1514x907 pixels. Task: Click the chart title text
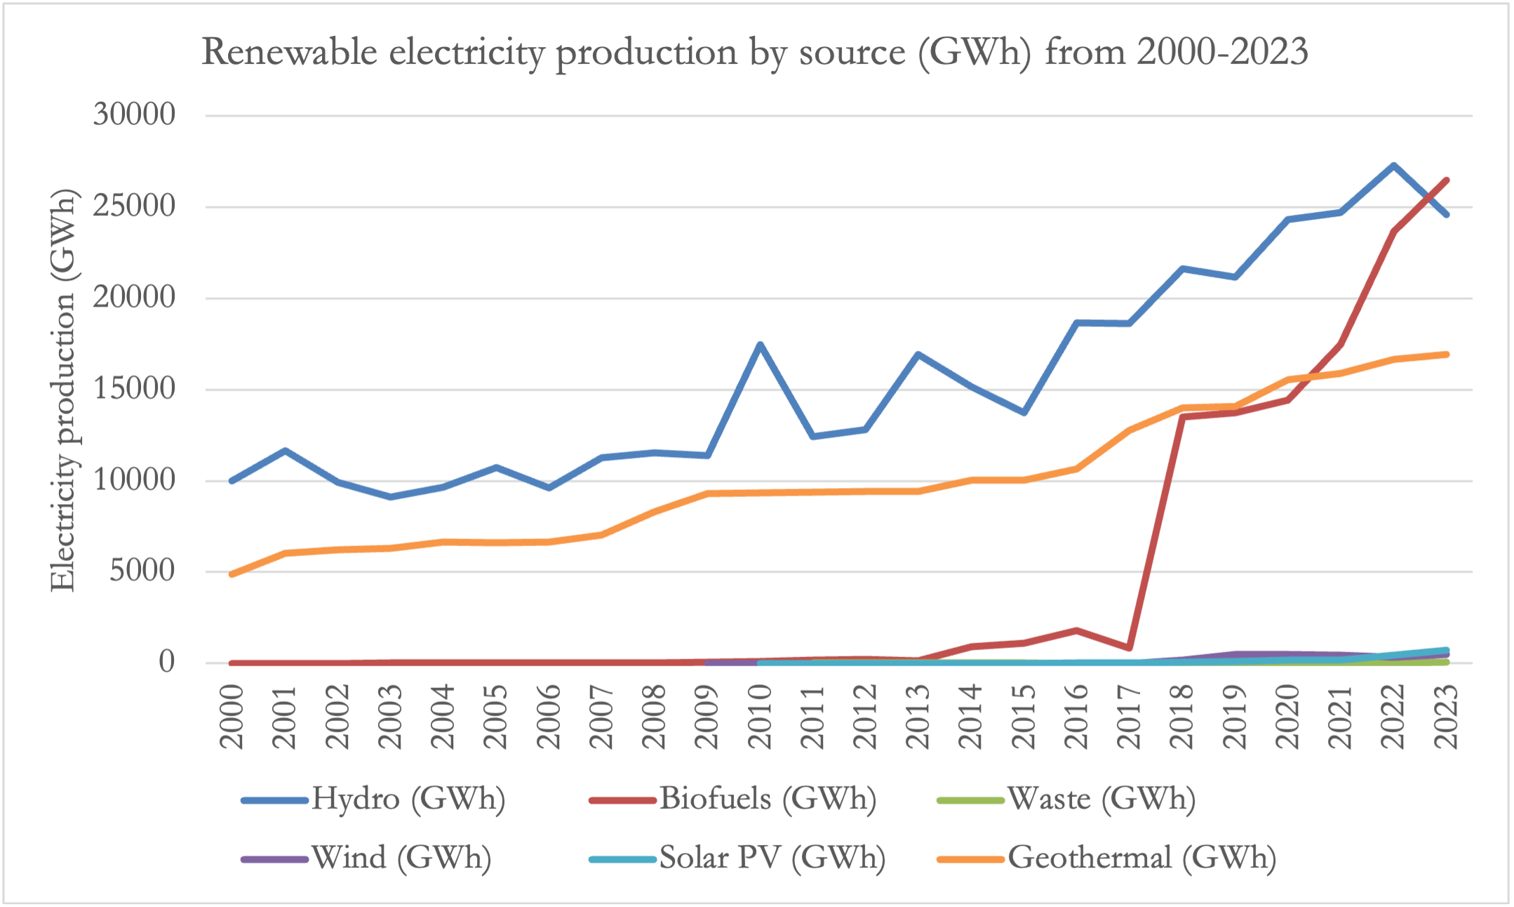point(755,53)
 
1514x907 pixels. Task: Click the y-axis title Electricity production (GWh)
point(63,390)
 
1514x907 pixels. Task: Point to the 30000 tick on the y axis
point(134,114)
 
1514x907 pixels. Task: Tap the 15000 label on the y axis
point(134,389)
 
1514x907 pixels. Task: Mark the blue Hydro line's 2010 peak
point(760,345)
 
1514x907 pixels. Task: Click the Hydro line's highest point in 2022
point(1393,166)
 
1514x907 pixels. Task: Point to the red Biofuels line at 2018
point(1182,417)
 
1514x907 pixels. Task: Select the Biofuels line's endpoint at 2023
point(1446,180)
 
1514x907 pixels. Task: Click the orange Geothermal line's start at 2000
point(232,574)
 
